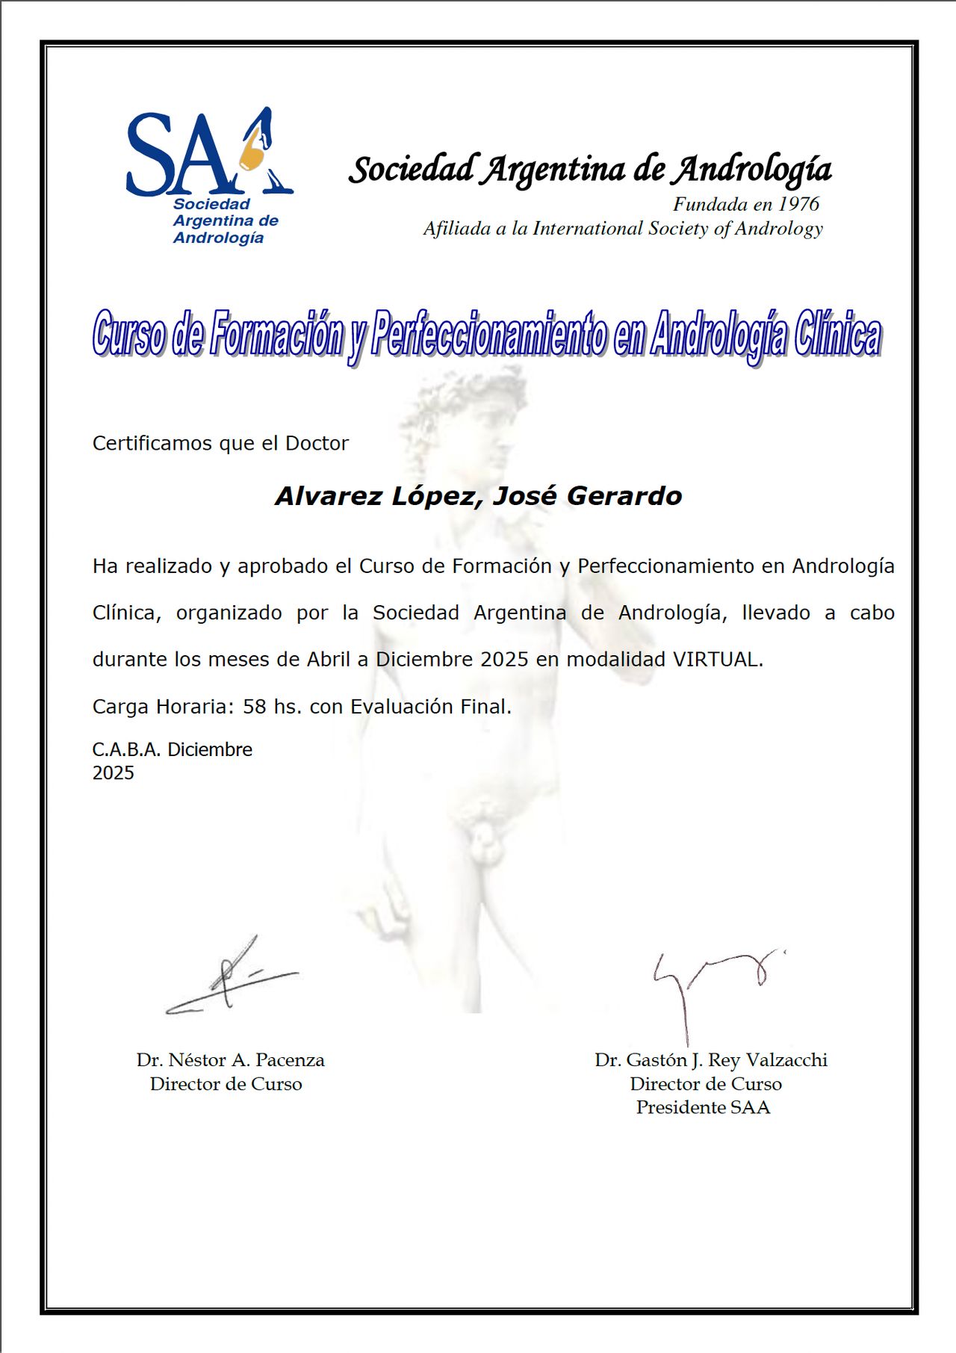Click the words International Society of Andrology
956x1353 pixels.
click(x=677, y=229)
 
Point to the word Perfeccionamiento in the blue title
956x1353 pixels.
click(x=489, y=335)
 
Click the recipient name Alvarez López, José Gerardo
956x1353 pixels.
click(x=478, y=496)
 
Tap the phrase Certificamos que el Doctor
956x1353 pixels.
click(x=220, y=443)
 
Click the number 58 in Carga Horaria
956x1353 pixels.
click(x=254, y=707)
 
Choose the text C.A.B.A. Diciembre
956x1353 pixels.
click(x=172, y=749)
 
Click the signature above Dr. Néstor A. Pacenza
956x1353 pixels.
click(x=232, y=979)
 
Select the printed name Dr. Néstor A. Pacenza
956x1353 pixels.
click(x=230, y=1060)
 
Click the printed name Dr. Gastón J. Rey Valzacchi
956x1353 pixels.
click(x=710, y=1060)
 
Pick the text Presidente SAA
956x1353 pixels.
click(x=703, y=1107)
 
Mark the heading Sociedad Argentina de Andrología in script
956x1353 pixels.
click(x=590, y=170)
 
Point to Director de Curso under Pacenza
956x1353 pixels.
click(x=226, y=1084)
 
